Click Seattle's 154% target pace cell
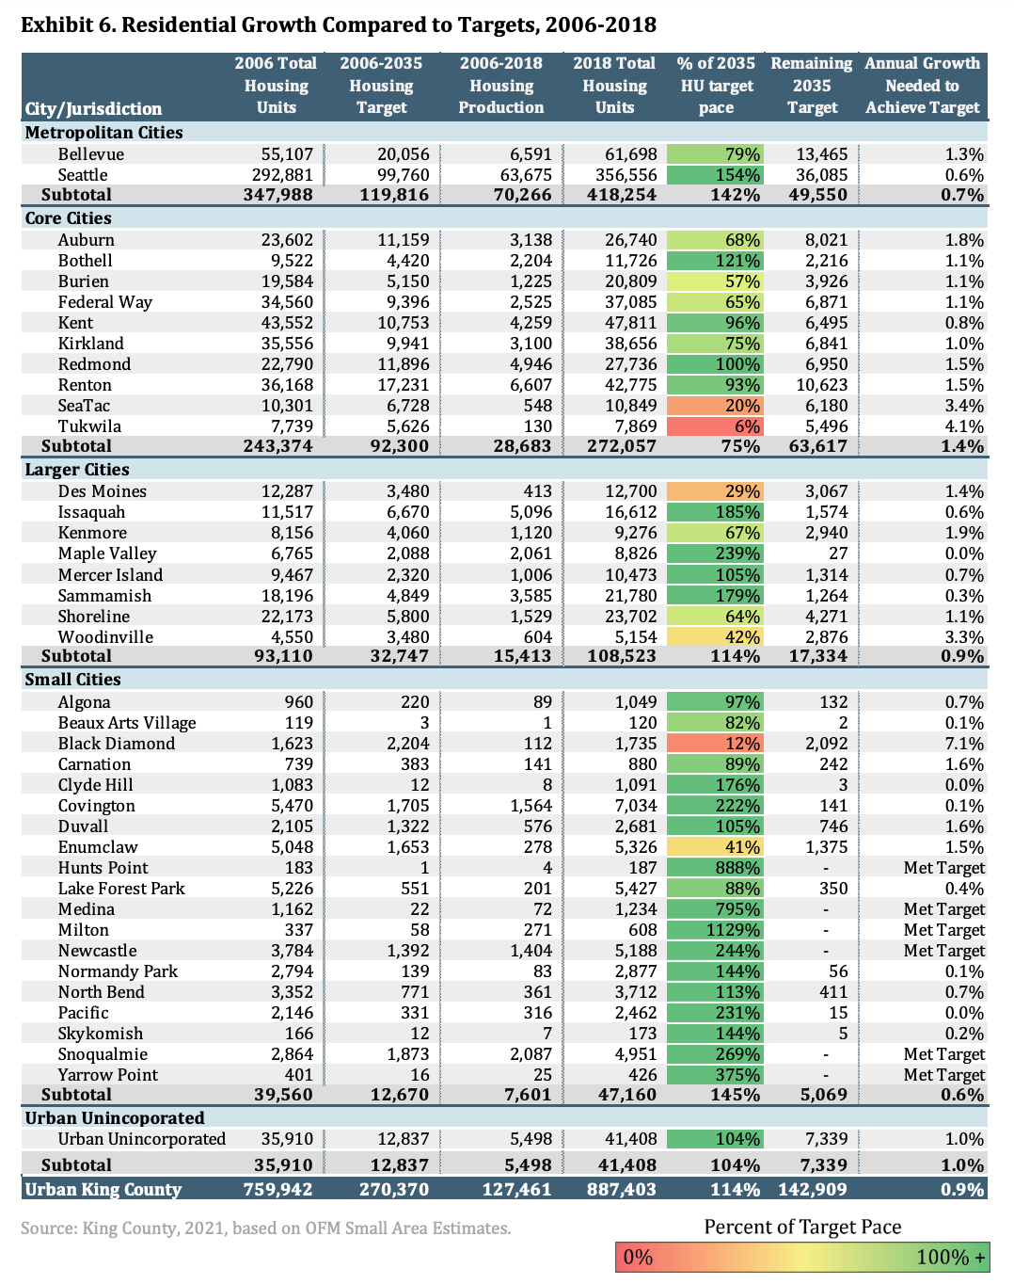[x=716, y=175]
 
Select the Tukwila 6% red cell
[x=716, y=426]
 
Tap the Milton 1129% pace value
[x=716, y=930]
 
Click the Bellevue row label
[x=90, y=154]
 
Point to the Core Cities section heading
[x=68, y=218]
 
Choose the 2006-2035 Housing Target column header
[x=381, y=86]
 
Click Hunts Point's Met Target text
[x=943, y=868]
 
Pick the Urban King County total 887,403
[x=614, y=1189]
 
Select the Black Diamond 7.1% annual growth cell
[x=963, y=744]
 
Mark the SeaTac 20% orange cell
[x=716, y=406]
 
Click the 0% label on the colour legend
[x=638, y=1258]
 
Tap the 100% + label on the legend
[x=951, y=1258]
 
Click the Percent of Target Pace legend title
[x=802, y=1227]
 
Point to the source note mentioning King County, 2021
[x=266, y=1228]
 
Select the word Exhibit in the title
[x=59, y=24]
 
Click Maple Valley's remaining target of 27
[x=837, y=554]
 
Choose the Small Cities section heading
[x=72, y=680]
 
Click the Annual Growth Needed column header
[x=922, y=86]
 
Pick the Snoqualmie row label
[x=103, y=1054]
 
